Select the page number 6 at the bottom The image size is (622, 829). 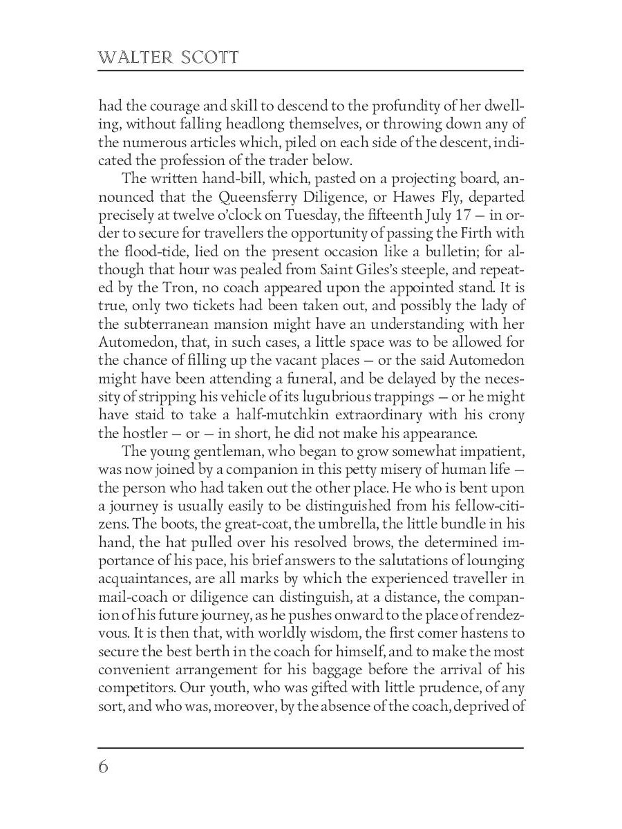click(104, 767)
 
